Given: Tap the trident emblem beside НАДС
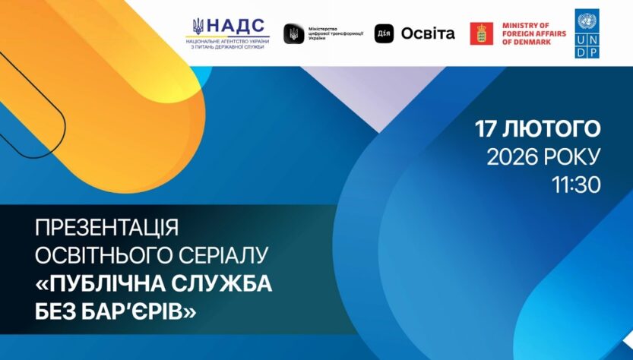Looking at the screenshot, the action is click(x=198, y=27).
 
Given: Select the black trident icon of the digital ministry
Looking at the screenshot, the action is click(x=293, y=33).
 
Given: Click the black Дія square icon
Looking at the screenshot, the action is click(x=384, y=33).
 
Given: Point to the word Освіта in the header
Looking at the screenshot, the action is click(x=428, y=33).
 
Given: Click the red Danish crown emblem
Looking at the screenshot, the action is click(x=481, y=33).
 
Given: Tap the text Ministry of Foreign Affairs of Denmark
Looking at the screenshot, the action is click(x=534, y=33).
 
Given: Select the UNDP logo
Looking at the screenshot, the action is click(x=587, y=33).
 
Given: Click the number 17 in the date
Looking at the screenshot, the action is click(x=486, y=129).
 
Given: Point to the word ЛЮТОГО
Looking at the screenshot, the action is click(x=552, y=129).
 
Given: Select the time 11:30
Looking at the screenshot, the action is click(x=577, y=185).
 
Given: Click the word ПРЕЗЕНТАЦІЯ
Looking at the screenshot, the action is click(x=106, y=228).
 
